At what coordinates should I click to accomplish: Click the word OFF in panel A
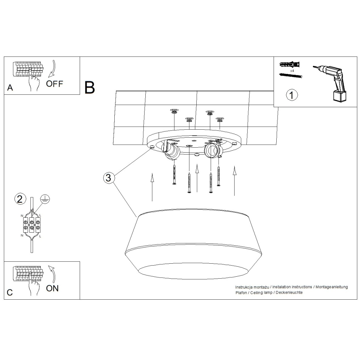pyautogui.click(x=54, y=84)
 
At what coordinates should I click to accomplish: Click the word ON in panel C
pyautogui.click(x=52, y=288)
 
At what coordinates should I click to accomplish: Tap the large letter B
pyautogui.click(x=90, y=87)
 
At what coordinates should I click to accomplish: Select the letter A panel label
pyautogui.click(x=10, y=88)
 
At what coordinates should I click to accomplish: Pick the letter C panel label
pyautogui.click(x=10, y=292)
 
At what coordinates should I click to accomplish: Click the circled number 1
pyautogui.click(x=292, y=95)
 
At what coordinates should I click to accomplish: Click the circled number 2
pyautogui.click(x=20, y=199)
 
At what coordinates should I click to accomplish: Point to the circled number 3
pyautogui.click(x=108, y=178)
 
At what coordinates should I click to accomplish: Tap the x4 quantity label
pyautogui.click(x=292, y=71)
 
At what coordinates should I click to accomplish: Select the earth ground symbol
pyautogui.click(x=44, y=199)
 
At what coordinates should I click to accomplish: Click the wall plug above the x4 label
pyautogui.click(x=290, y=65)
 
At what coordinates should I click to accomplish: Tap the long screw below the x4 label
pyautogui.click(x=291, y=76)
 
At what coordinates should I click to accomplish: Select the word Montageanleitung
pyautogui.click(x=331, y=287)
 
